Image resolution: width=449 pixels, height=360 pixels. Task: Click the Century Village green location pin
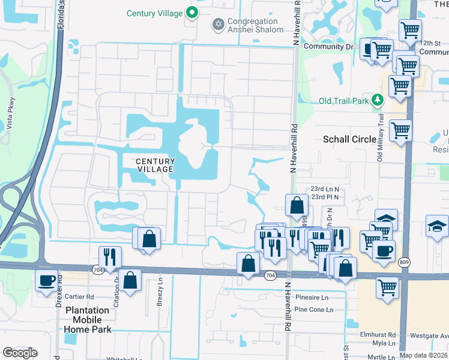click(191, 12)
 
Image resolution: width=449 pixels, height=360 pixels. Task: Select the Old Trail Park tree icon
click(378, 100)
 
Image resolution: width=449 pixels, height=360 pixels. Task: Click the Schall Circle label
click(350, 139)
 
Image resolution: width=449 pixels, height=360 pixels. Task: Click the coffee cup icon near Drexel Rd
click(46, 280)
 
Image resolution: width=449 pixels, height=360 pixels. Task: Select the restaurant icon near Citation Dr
click(110, 257)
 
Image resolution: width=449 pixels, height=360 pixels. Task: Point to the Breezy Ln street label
click(160, 298)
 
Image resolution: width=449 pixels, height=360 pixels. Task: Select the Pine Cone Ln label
click(313, 310)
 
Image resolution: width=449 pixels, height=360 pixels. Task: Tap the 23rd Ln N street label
click(325, 188)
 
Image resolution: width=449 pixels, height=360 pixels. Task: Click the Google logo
click(20, 353)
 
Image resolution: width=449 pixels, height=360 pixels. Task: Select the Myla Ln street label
click(384, 343)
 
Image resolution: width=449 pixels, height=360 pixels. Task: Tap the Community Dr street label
click(328, 46)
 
